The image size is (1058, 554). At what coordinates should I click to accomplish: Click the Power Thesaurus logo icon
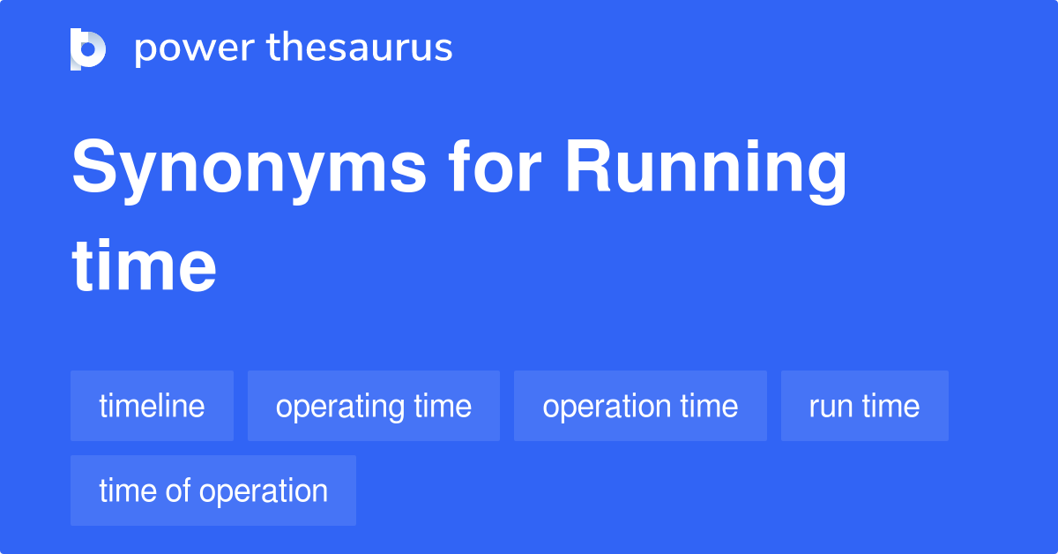point(88,49)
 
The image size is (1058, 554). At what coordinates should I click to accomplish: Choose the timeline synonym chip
point(152,406)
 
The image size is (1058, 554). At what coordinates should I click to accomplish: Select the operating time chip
point(374,406)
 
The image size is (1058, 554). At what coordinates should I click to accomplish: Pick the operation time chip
point(640,406)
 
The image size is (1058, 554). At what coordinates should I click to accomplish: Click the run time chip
point(864,406)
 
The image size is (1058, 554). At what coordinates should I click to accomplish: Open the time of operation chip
point(213,490)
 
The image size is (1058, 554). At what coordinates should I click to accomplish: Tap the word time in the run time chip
point(890,406)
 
